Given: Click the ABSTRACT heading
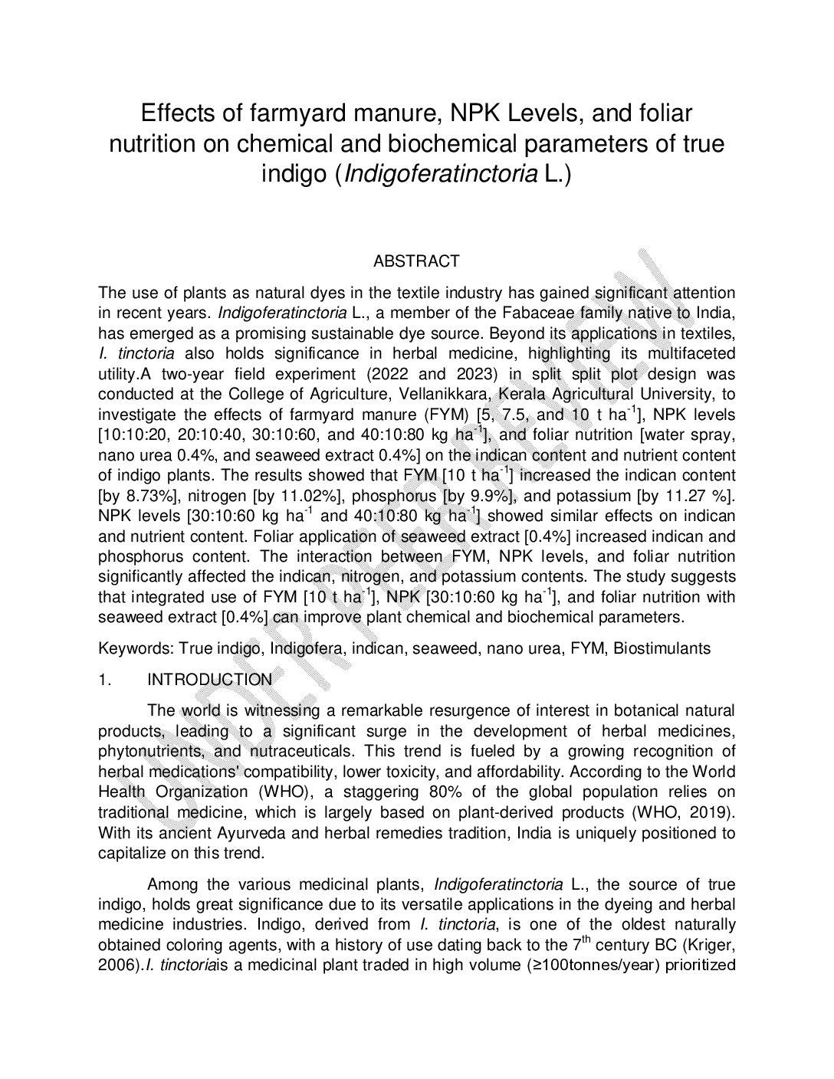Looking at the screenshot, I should click(x=416, y=261).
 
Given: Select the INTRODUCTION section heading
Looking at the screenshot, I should click(x=209, y=680).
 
